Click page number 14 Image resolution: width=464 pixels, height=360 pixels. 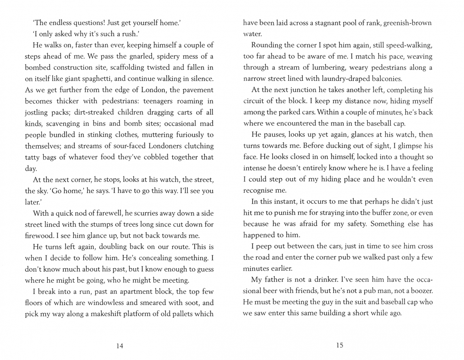coord(120,346)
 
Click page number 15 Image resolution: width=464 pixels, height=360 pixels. coord(339,345)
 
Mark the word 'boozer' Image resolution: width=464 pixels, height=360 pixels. coord(421,291)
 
